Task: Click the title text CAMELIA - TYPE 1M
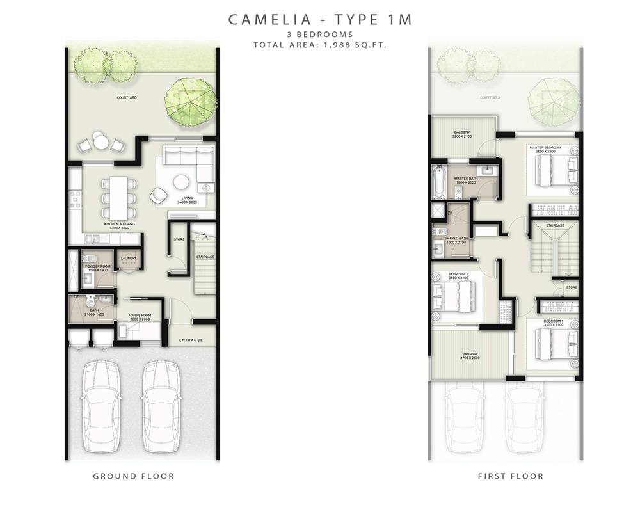point(320,20)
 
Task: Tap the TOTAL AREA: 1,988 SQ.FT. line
point(320,45)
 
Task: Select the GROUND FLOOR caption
point(133,476)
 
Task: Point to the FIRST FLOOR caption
point(511,476)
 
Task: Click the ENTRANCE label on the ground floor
point(191,340)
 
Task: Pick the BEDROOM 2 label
point(458,275)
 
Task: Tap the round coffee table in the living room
point(181,182)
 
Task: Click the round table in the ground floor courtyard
point(100,140)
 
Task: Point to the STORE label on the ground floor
point(179,240)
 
